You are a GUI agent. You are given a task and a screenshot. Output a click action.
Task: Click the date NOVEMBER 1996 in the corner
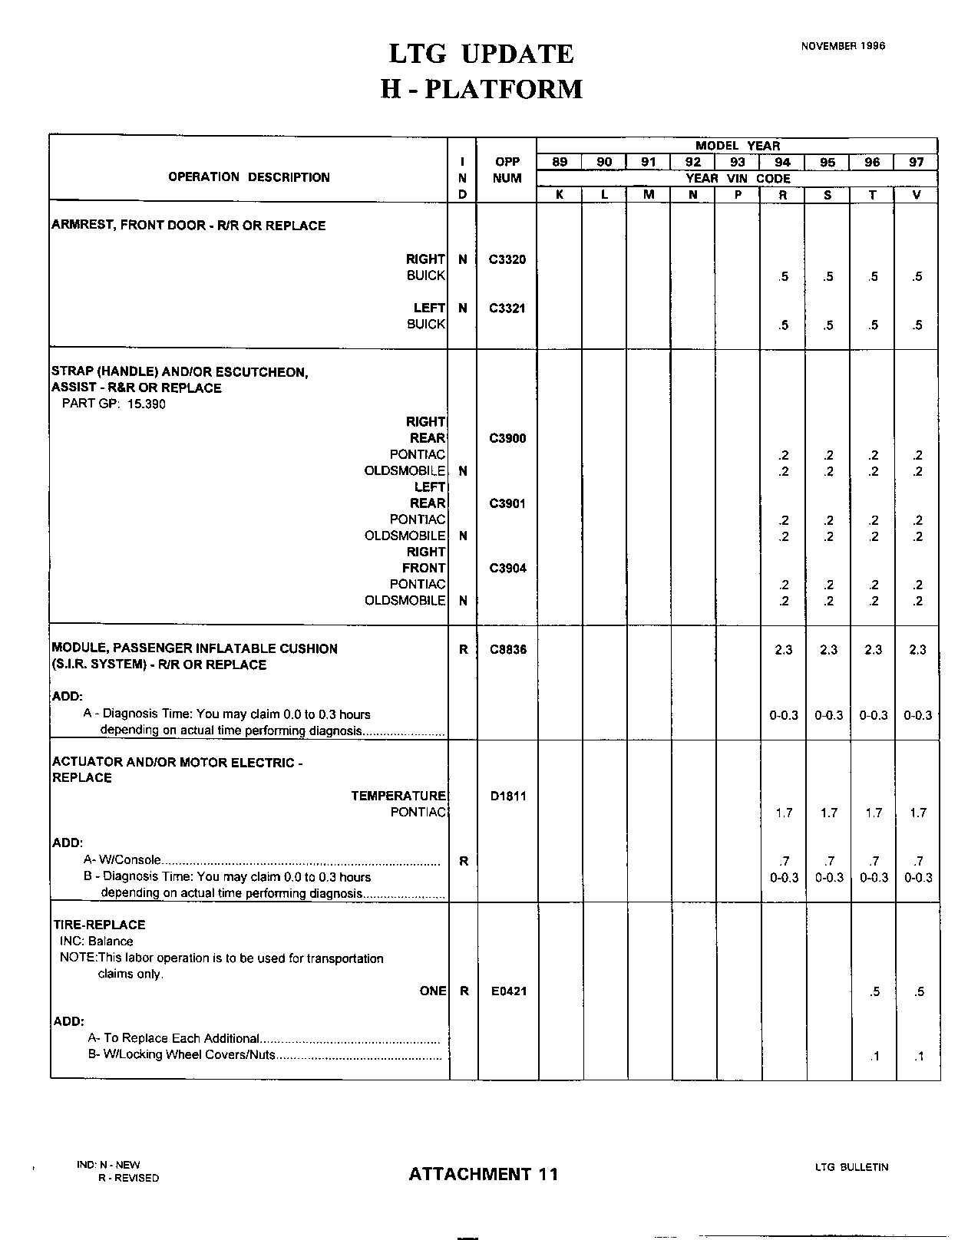tap(843, 46)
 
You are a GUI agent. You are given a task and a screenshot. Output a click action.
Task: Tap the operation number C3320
tap(507, 259)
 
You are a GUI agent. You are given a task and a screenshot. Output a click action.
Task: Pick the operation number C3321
tap(507, 308)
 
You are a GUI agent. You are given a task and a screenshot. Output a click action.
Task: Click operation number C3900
tap(507, 439)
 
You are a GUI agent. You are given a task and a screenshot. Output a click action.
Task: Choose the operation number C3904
tap(507, 569)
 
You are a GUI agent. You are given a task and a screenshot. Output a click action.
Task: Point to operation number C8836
tap(507, 649)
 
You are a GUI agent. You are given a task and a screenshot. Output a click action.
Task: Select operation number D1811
tap(507, 796)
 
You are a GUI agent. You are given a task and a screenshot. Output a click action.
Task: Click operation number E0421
tap(508, 991)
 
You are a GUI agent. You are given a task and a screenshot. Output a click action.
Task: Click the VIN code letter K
tap(560, 195)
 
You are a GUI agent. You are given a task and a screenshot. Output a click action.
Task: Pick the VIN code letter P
tap(738, 195)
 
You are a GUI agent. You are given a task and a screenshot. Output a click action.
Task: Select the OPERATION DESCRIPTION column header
tap(249, 177)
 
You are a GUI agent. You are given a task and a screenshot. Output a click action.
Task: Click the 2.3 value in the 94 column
tap(783, 650)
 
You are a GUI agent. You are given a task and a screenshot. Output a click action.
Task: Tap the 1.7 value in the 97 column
tap(918, 813)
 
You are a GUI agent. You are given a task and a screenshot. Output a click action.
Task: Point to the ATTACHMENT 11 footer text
tap(484, 1174)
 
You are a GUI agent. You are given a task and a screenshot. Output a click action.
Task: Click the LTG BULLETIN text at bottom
tap(851, 1167)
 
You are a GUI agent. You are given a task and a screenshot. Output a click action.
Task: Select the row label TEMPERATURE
tap(398, 796)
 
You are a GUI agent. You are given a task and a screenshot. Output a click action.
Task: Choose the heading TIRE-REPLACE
tap(98, 925)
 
